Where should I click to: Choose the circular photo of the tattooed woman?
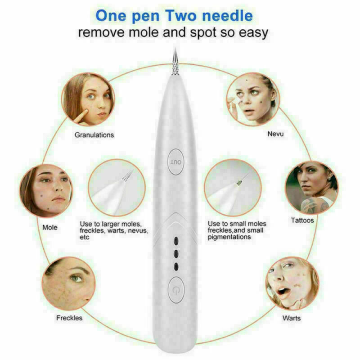pyautogui.click(x=311, y=187)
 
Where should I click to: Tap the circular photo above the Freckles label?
pyautogui.click(x=69, y=283)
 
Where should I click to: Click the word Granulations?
pyautogui.click(x=94, y=135)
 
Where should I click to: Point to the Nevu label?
pyautogui.click(x=275, y=135)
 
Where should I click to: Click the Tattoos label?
pyautogui.click(x=302, y=220)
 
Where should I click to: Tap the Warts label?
pyautogui.click(x=292, y=318)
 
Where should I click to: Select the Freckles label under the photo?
pyautogui.click(x=69, y=318)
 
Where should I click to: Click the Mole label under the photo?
pyautogui.click(x=50, y=227)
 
